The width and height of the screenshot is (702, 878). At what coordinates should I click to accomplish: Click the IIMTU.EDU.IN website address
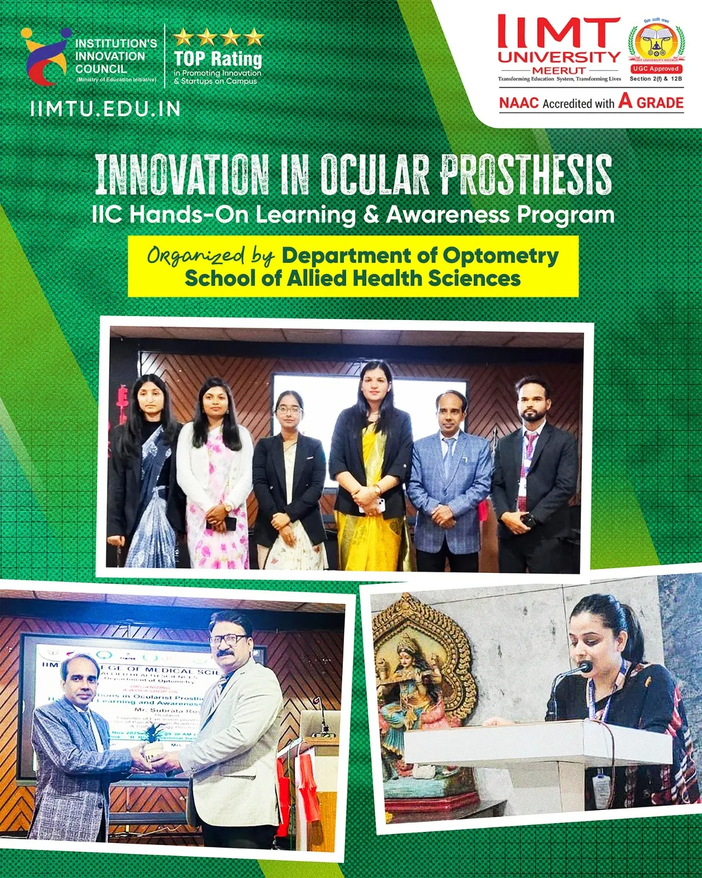105,109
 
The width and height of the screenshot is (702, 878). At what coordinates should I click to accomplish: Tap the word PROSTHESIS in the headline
526,175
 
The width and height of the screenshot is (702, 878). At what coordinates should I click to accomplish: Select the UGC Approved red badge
656,69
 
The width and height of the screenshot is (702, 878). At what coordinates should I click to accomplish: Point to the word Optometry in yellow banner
501,256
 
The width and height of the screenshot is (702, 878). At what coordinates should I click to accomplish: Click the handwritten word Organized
196,256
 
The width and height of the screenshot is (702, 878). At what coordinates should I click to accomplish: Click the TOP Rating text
218,58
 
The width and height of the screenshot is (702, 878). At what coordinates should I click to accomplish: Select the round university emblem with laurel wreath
656,43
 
